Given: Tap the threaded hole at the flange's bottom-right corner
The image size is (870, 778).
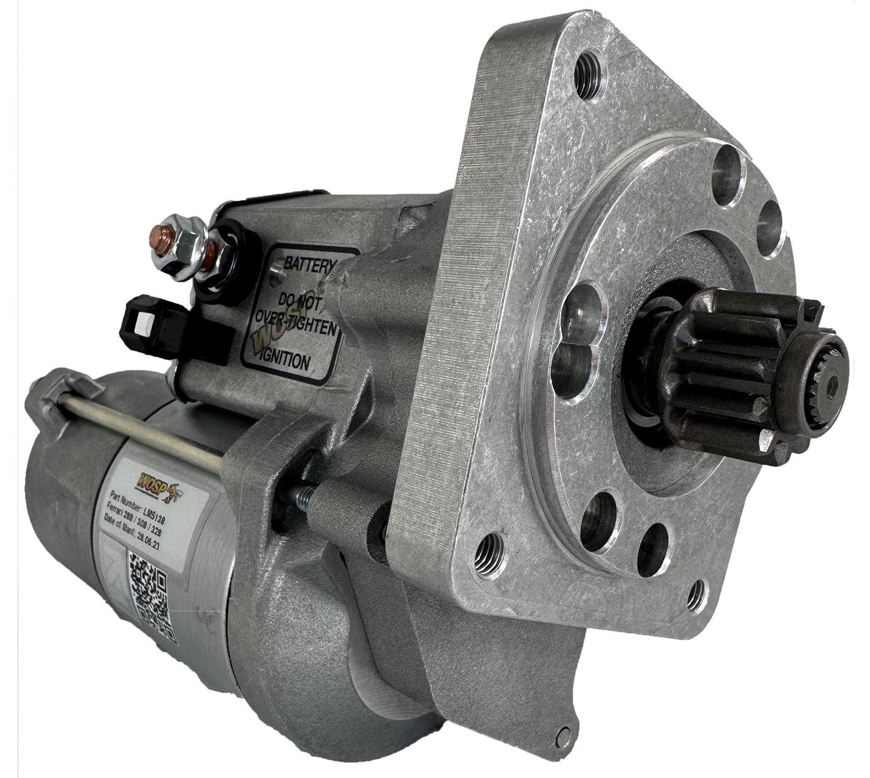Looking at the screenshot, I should click(x=697, y=593).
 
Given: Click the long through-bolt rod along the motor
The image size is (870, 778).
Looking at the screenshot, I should click(x=144, y=428).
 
